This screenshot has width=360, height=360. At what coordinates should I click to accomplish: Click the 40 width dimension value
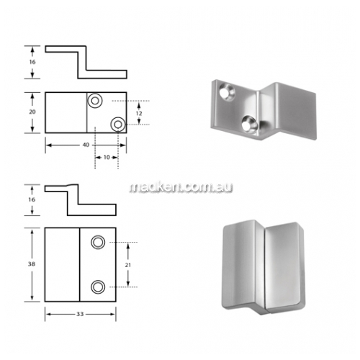86,145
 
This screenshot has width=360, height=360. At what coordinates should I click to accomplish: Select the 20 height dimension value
32,112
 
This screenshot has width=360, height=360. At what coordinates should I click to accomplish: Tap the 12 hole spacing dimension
139,113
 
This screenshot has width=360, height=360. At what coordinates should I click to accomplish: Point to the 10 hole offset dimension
107,157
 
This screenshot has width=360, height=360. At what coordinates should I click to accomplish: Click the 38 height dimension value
32,264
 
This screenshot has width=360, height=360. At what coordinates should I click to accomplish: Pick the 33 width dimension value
80,314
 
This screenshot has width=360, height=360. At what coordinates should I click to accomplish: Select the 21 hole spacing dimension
127,265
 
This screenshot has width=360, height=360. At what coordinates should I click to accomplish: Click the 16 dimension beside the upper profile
32,62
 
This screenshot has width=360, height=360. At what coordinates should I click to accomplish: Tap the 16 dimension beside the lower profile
32,199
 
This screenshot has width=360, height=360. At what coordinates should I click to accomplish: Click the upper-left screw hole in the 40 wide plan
95,101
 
